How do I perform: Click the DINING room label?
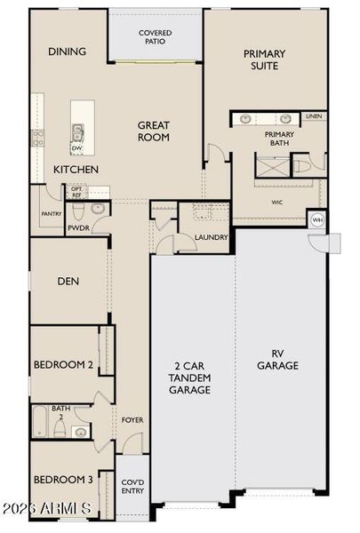[x=68, y=52]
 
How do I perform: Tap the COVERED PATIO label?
[x=156, y=37]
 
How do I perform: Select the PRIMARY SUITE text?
[x=265, y=60]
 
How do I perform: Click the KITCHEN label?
[x=76, y=169]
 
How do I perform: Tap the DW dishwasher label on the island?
[x=77, y=148]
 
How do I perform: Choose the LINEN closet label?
[x=313, y=116]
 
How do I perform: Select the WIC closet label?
[x=277, y=202]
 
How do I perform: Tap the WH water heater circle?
[x=317, y=219]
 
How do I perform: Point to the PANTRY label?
[x=50, y=214]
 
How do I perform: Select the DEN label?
[x=69, y=282]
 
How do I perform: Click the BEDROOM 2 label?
[x=63, y=364]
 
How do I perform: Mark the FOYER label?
[x=132, y=419]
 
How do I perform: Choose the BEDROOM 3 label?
[x=63, y=480]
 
